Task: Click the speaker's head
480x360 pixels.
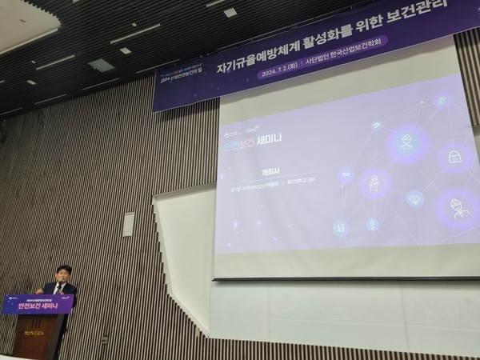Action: (63, 273)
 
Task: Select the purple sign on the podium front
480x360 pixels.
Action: (38, 304)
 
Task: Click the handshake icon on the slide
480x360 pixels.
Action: (414, 198)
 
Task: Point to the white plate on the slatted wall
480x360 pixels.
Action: (128, 224)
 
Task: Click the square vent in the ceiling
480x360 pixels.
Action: (102, 65)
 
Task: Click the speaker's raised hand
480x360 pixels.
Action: (40, 290)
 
